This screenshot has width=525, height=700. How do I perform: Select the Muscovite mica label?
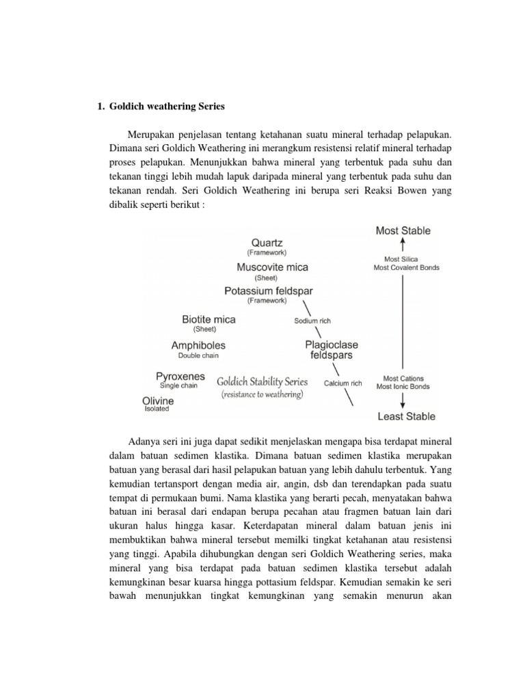273,267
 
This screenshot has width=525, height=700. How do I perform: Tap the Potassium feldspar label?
267,291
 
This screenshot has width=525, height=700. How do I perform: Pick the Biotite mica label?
208,319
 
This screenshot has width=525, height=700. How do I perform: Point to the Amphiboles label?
198,346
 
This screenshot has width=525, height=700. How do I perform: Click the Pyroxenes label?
180,376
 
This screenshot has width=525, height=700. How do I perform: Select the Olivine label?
159,400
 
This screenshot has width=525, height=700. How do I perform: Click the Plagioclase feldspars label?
332,351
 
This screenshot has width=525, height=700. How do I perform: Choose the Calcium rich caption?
342,383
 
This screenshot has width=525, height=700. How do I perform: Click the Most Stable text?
403,231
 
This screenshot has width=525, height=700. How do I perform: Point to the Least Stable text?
406,416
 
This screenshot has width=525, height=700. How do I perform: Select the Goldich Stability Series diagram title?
262,382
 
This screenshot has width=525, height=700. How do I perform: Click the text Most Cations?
403,378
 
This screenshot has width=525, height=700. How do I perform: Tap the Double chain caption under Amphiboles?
198,356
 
